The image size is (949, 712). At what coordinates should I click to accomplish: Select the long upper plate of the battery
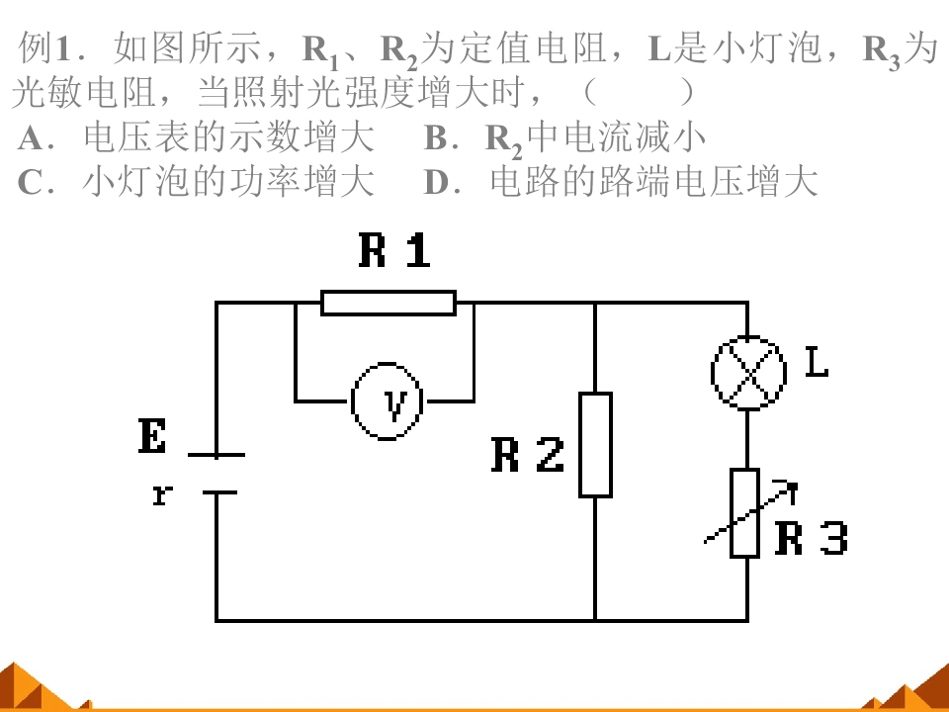pos(216,455)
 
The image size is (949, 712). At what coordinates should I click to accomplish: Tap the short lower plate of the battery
pos(219,492)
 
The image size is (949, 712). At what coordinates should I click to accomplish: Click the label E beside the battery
pos(152,435)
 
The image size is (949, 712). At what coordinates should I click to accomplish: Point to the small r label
pos(162,494)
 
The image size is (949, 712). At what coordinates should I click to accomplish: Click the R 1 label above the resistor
pos(394,249)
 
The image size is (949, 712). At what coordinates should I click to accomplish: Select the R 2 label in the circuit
pos(528,455)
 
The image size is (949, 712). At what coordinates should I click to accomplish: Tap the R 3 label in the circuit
pos(812,537)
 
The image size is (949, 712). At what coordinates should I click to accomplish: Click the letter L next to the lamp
pos(818,363)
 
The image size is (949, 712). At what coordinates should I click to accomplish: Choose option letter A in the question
pos(30,138)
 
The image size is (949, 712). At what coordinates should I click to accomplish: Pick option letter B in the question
pos(436,138)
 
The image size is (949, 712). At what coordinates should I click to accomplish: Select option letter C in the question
pos(30,182)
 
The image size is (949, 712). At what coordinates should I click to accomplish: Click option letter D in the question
pos(436,182)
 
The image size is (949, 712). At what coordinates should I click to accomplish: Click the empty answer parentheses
pos(640,92)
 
